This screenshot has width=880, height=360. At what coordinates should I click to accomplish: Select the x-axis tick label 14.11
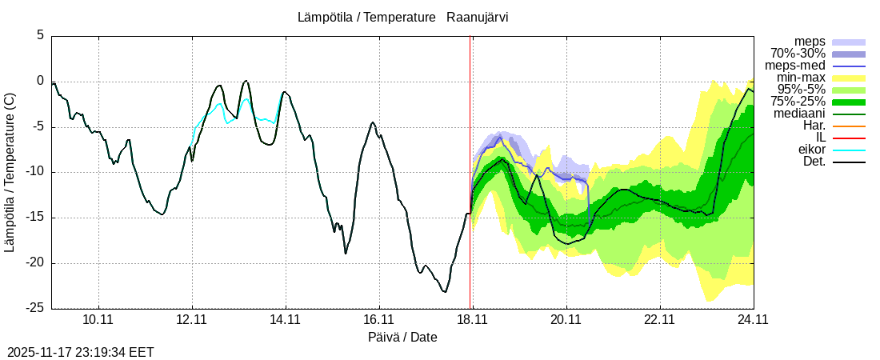pos(285,319)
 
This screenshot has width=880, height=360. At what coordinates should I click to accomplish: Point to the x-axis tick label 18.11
pos(472,319)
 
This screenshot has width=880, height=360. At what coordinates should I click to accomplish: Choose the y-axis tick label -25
pos(35,308)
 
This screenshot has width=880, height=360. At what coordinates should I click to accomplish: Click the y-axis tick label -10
pos(35,172)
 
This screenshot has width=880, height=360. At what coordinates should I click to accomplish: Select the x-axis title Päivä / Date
pos(402,337)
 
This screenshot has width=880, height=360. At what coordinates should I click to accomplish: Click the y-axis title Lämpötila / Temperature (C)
pos(10,172)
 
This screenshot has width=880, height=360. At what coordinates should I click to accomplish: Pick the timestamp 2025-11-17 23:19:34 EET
pos(81,351)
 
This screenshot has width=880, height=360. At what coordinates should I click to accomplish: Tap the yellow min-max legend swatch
pos(849,78)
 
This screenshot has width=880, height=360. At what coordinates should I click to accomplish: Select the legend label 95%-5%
pos(801,90)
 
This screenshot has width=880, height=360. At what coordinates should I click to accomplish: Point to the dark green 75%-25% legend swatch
pos(849,102)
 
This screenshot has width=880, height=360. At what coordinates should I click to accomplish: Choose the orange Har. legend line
pos(849,126)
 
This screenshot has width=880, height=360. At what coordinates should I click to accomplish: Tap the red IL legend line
pos(849,138)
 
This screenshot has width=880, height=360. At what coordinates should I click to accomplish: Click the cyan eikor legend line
pos(849,150)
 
